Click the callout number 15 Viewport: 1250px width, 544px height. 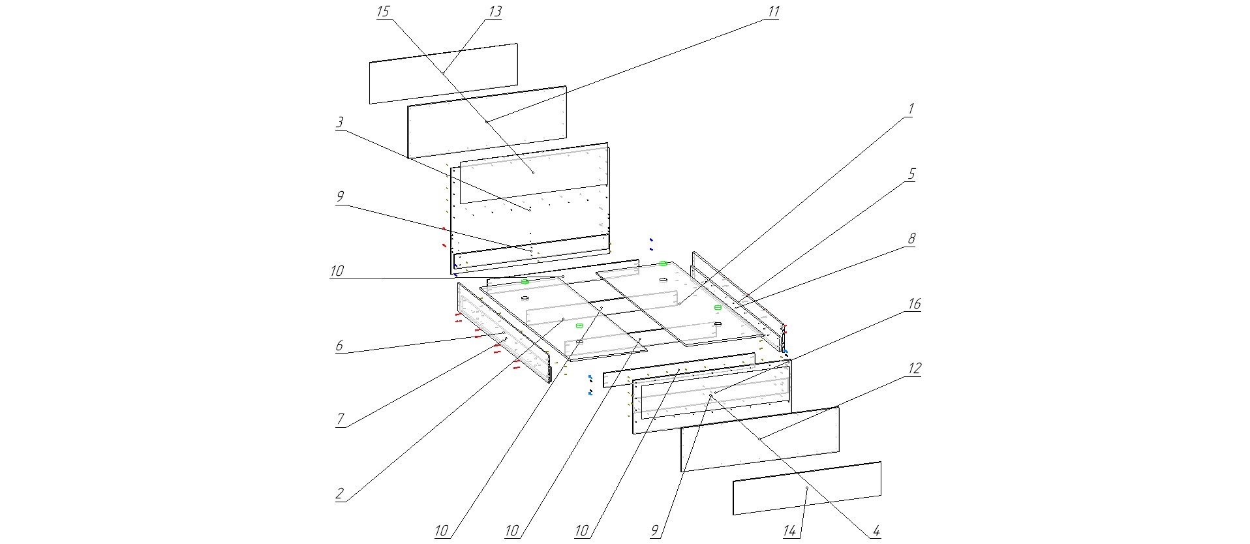pos(383,12)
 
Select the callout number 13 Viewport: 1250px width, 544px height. pos(495,12)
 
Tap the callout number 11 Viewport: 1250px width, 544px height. pos(773,12)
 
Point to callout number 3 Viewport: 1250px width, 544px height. pos(340,123)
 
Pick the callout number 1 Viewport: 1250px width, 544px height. pos(911,109)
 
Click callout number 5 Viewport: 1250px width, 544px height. pos(911,174)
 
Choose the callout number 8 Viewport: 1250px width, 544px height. pos(911,239)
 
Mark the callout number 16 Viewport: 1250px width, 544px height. pos(914,304)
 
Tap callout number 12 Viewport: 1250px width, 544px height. pos(914,369)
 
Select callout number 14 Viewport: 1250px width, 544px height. pos(790,531)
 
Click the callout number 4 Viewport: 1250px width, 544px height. pos(876,531)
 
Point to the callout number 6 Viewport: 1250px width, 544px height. pos(339,346)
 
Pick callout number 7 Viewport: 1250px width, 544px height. pos(340,419)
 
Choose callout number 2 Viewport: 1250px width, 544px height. pos(339,494)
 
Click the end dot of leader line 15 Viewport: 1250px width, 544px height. pos(533,172)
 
